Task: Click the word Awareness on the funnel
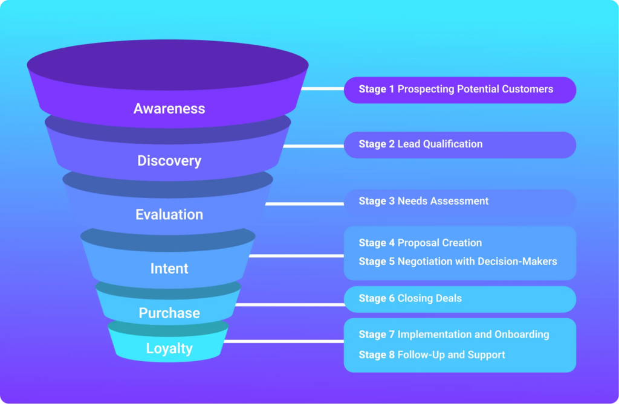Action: pyautogui.click(x=169, y=109)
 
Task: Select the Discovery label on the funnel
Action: pyautogui.click(x=169, y=161)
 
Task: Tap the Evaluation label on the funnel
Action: pyautogui.click(x=169, y=215)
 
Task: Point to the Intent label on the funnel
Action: pyautogui.click(x=169, y=269)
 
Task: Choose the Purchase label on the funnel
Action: pyautogui.click(x=169, y=313)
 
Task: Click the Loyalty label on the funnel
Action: pyautogui.click(x=169, y=349)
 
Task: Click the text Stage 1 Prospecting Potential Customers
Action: pyautogui.click(x=456, y=89)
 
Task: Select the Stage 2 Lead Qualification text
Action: pyautogui.click(x=420, y=144)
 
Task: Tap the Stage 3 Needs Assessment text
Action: pyautogui.click(x=423, y=201)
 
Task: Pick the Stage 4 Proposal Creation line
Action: pyautogui.click(x=420, y=243)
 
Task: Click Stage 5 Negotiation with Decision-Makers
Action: pyautogui.click(x=458, y=261)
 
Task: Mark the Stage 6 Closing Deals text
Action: pyautogui.click(x=410, y=298)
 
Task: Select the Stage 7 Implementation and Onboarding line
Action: pyautogui.click(x=453, y=335)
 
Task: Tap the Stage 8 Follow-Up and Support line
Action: pyautogui.click(x=432, y=354)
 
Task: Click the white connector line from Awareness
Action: pyautogui.click(x=323, y=89)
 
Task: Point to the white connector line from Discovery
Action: pyautogui.click(x=313, y=146)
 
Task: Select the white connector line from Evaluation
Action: pyautogui.click(x=304, y=204)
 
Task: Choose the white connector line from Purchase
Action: pyautogui.click(x=289, y=304)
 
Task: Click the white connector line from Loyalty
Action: pyautogui.click(x=284, y=341)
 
